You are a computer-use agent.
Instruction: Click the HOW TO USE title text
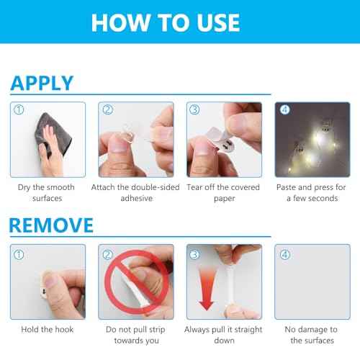coord(165,22)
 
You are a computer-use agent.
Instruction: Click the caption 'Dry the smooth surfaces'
coord(46,193)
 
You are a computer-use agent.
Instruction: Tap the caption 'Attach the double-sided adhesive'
coord(136,193)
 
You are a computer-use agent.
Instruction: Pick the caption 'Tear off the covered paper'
coord(224,193)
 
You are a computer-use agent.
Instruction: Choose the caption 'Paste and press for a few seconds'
coord(313,193)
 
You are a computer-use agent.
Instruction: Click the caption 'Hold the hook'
coord(46,330)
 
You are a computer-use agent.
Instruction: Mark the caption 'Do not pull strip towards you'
coord(136,335)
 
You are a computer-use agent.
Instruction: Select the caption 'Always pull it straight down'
coord(224,335)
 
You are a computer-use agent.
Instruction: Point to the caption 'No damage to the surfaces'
coord(313,335)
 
